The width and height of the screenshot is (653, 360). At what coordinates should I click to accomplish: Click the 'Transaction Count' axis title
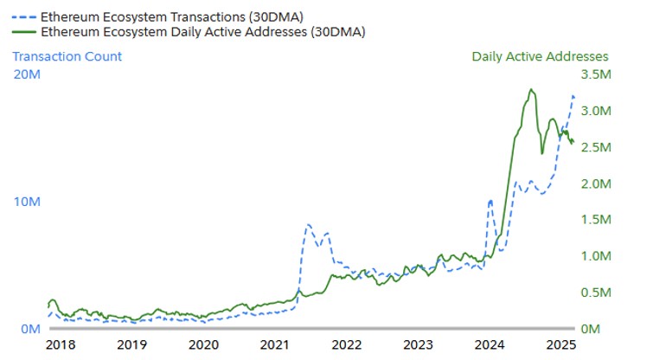(x=67, y=56)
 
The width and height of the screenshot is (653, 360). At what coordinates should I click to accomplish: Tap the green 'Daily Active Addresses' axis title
(x=540, y=56)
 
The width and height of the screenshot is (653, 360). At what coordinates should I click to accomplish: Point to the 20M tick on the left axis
(x=25, y=74)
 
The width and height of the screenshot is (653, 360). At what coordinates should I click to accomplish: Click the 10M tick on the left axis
(x=25, y=202)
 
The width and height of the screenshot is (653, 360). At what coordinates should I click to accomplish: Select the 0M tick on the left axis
(x=25, y=330)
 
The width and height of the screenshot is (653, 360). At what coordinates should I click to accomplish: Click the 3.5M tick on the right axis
(x=596, y=75)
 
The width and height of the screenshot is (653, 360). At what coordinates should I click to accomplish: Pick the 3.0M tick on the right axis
(x=596, y=112)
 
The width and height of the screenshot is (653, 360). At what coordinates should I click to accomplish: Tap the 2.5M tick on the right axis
(x=596, y=148)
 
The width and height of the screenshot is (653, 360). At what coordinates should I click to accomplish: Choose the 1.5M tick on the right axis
(x=596, y=221)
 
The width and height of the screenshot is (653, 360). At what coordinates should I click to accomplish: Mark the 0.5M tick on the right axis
(x=596, y=293)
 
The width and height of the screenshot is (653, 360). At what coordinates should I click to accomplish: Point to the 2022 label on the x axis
(x=347, y=344)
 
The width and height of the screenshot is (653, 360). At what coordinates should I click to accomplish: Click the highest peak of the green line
(x=531, y=89)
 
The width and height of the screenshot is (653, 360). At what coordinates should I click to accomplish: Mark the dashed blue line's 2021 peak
(x=308, y=225)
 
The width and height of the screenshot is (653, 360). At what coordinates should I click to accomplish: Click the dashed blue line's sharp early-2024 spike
(x=490, y=201)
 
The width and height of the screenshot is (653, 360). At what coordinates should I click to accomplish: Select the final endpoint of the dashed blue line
(x=573, y=95)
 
